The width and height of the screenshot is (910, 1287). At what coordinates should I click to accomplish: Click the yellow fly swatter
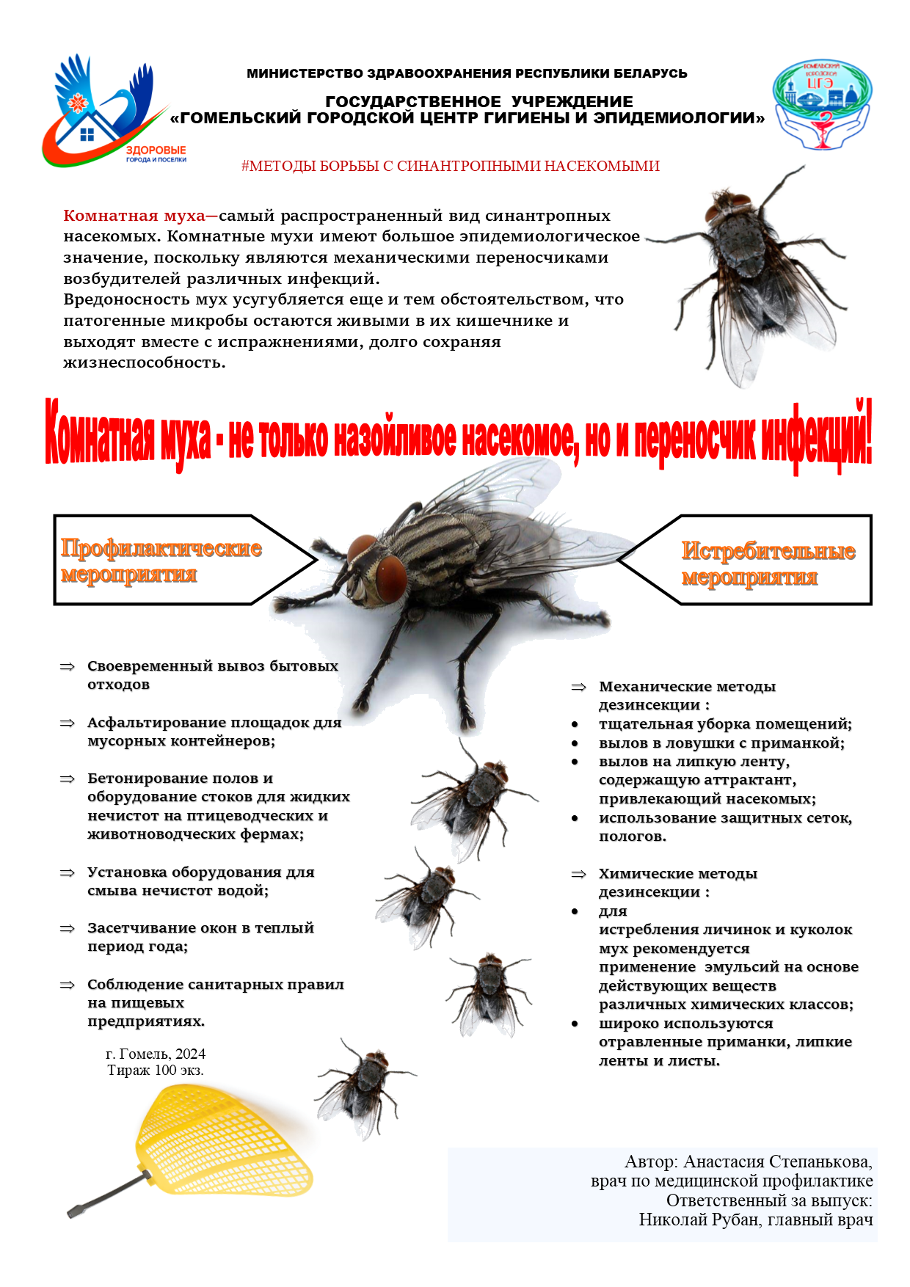pyautogui.click(x=224, y=1142)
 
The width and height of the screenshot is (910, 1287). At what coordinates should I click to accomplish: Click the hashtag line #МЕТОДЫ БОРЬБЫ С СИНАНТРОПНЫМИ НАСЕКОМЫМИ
pyautogui.click(x=451, y=167)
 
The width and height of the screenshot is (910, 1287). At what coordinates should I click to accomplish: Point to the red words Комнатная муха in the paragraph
pyautogui.click(x=134, y=216)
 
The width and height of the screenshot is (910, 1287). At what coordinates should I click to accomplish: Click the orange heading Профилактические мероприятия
pyautogui.click(x=161, y=561)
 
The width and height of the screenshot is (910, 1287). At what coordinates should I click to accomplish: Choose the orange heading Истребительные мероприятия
pyautogui.click(x=768, y=564)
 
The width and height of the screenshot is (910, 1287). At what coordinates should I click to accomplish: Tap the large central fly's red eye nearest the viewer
pyautogui.click(x=392, y=577)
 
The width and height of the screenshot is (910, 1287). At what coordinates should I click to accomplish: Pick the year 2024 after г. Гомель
pyautogui.click(x=190, y=1054)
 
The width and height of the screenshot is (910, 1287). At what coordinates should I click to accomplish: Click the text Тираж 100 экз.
pyautogui.click(x=156, y=1071)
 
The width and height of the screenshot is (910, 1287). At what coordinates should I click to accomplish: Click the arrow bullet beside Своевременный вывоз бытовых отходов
pyautogui.click(x=68, y=666)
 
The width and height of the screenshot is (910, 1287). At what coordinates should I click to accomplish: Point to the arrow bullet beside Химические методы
pyautogui.click(x=579, y=874)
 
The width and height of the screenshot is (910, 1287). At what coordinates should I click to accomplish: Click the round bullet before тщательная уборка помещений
pyautogui.click(x=575, y=724)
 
